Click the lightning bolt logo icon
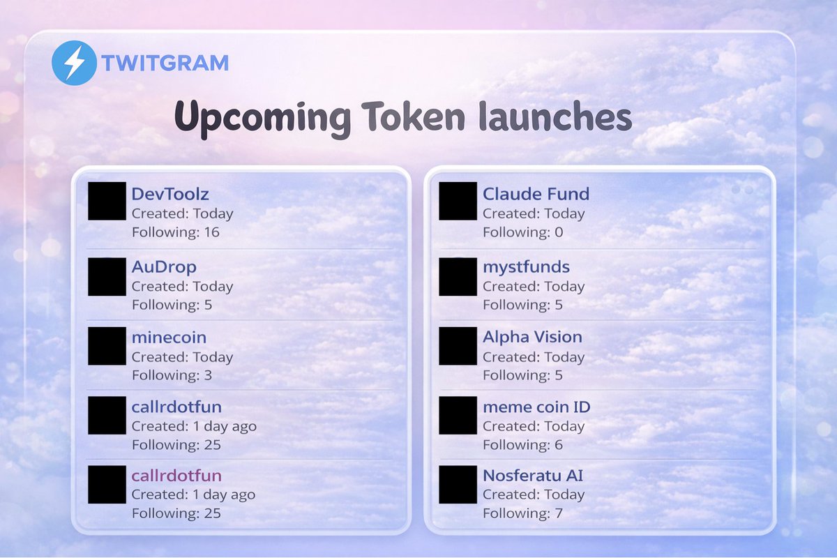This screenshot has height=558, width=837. (x=73, y=63)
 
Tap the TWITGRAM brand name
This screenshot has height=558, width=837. (x=165, y=63)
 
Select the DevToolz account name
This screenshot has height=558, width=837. (x=170, y=194)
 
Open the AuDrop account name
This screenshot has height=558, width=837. (x=164, y=266)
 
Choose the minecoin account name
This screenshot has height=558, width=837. (x=169, y=338)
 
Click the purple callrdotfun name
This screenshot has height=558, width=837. (x=176, y=476)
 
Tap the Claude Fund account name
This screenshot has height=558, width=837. (x=536, y=194)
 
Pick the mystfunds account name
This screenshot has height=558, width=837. (x=526, y=266)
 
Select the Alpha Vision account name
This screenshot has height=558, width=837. (x=532, y=337)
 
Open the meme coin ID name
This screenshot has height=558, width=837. (x=536, y=407)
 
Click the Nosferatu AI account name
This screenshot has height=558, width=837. (x=533, y=476)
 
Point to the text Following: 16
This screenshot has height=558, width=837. (x=175, y=232)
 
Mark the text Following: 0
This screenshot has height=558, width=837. (x=522, y=232)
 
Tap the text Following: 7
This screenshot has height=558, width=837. (x=522, y=513)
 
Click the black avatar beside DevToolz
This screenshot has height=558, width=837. (x=107, y=201)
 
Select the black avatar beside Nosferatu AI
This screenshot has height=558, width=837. (x=458, y=485)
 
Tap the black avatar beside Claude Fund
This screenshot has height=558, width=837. (x=458, y=201)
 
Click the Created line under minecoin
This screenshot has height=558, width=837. (x=182, y=357)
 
